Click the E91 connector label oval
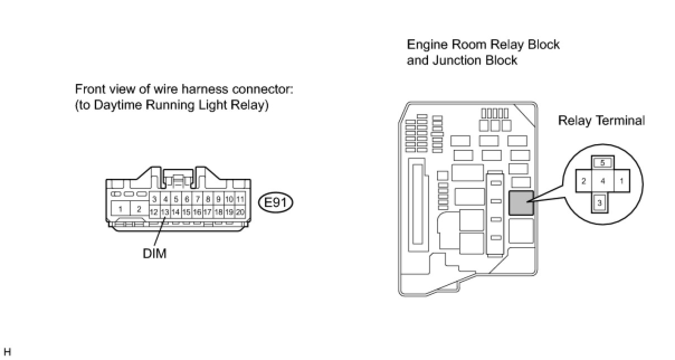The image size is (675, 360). [x=275, y=202]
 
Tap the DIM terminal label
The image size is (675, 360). [x=154, y=254]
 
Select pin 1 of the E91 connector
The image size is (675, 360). [x=121, y=209]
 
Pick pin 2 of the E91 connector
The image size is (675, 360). [x=139, y=209]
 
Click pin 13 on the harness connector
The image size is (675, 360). [x=165, y=212]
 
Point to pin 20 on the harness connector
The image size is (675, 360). [x=240, y=212]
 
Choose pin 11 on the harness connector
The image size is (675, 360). [x=240, y=199]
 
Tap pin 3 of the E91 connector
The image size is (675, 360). [x=154, y=199]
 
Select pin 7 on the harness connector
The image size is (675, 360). [x=197, y=199]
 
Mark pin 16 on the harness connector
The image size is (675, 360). [x=197, y=212]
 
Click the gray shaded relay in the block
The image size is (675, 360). [x=521, y=203]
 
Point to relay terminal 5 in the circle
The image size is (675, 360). [x=602, y=163]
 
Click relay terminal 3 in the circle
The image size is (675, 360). [x=600, y=202]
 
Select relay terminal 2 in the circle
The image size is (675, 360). [x=584, y=181]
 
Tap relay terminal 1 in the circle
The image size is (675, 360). [x=621, y=181]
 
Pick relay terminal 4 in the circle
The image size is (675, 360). [x=603, y=181]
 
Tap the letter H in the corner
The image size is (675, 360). [x=7, y=352]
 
